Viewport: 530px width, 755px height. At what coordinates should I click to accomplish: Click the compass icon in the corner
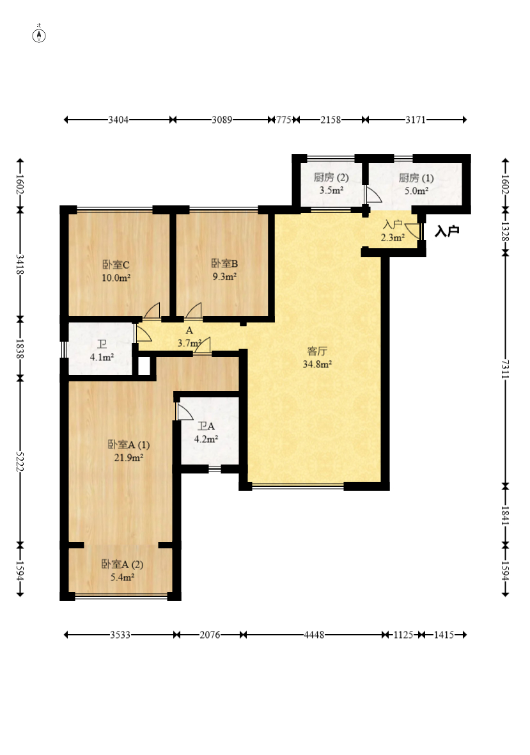pyautogui.click(x=39, y=35)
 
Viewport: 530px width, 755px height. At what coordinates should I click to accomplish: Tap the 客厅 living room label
pyautogui.click(x=317, y=351)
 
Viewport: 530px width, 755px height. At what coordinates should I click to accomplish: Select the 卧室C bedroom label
pyautogui.click(x=116, y=265)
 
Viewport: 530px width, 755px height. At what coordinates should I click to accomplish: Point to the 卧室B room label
pyautogui.click(x=224, y=264)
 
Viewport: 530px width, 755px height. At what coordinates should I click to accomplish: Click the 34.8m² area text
pyautogui.click(x=317, y=365)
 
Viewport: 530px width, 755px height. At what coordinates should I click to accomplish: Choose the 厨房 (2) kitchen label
pyautogui.click(x=331, y=178)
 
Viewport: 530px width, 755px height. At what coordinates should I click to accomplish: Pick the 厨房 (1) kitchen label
pyautogui.click(x=416, y=178)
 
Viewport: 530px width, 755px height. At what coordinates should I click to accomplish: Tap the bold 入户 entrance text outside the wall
pyautogui.click(x=447, y=232)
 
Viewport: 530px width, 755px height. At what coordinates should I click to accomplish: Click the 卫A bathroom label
pyautogui.click(x=207, y=426)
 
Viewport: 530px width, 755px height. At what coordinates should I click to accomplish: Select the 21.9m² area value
pyautogui.click(x=129, y=458)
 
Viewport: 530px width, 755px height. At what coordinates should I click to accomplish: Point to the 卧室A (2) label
pyautogui.click(x=122, y=564)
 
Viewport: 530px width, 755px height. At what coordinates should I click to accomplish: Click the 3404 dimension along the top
pyautogui.click(x=118, y=120)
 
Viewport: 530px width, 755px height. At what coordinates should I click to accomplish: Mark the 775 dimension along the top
pyautogui.click(x=284, y=120)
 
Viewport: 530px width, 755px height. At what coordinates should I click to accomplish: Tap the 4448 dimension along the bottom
pyautogui.click(x=314, y=635)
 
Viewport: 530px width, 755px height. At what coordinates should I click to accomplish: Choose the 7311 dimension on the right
pyautogui.click(x=506, y=369)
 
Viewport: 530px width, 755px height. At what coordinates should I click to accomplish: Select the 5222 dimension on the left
pyautogui.click(x=20, y=461)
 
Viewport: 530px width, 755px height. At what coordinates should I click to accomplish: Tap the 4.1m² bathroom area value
pyautogui.click(x=102, y=357)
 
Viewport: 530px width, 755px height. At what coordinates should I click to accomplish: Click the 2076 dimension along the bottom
pyautogui.click(x=210, y=635)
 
